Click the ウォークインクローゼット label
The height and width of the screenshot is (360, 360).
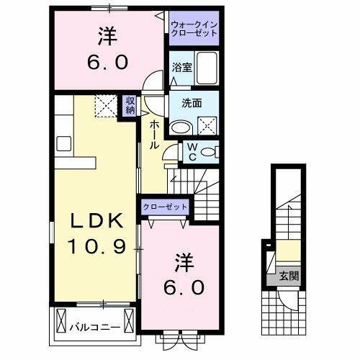[192, 30]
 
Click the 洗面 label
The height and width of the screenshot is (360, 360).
[181, 102]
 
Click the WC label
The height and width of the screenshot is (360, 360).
[193, 150]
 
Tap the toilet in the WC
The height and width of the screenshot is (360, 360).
[209, 150]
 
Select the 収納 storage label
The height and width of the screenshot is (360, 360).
[130, 105]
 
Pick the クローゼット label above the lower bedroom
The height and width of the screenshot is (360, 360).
[165, 207]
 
